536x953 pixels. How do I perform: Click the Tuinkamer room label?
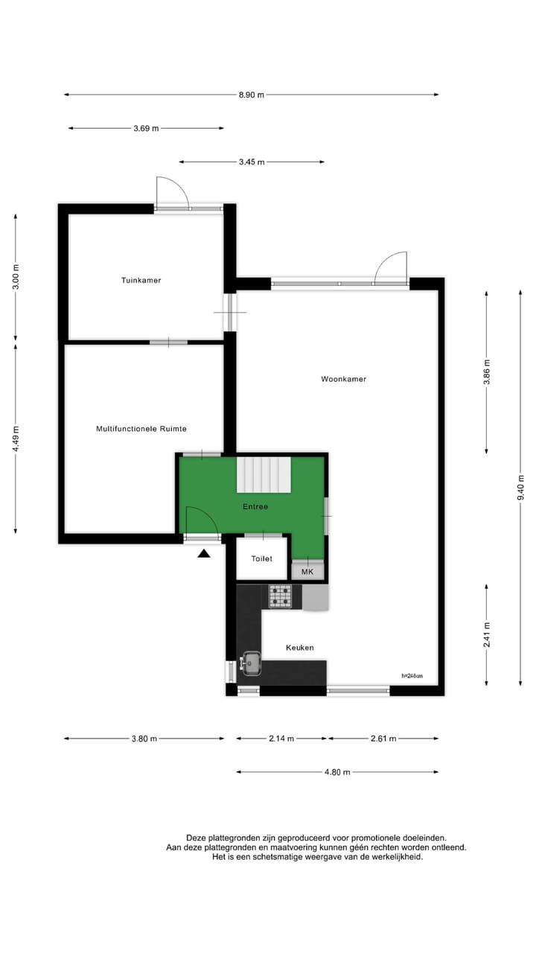point(141,281)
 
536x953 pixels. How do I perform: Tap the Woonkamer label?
point(343,379)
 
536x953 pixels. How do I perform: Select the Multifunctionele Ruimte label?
point(141,429)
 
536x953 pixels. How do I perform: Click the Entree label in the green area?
point(255,506)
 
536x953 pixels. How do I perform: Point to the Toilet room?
point(261,558)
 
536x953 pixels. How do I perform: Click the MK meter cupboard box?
point(307,572)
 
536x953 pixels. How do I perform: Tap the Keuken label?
point(300,648)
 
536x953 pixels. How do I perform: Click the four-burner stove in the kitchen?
point(281,596)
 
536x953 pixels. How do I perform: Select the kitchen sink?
point(251,661)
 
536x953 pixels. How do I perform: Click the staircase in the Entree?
point(264,474)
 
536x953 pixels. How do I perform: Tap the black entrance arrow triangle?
point(204,552)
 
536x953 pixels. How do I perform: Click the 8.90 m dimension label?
point(250,95)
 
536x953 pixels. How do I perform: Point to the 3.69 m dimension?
point(146,128)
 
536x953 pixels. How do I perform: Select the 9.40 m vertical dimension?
point(520,488)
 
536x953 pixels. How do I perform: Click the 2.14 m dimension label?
point(281,739)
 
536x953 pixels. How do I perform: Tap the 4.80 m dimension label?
point(337,772)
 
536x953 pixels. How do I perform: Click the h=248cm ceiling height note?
point(412,676)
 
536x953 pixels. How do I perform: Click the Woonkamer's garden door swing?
point(392,268)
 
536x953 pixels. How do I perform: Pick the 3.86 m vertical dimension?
point(486,372)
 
